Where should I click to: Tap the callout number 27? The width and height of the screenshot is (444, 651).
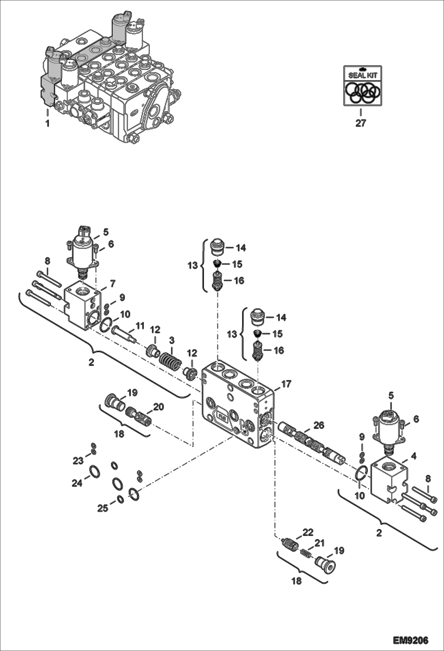361,123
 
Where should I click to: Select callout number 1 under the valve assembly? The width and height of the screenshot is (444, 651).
47,123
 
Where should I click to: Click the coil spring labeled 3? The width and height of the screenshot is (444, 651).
170,360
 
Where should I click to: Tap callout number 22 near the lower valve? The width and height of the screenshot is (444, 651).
308,532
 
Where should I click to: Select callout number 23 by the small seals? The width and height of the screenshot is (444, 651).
78,461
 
